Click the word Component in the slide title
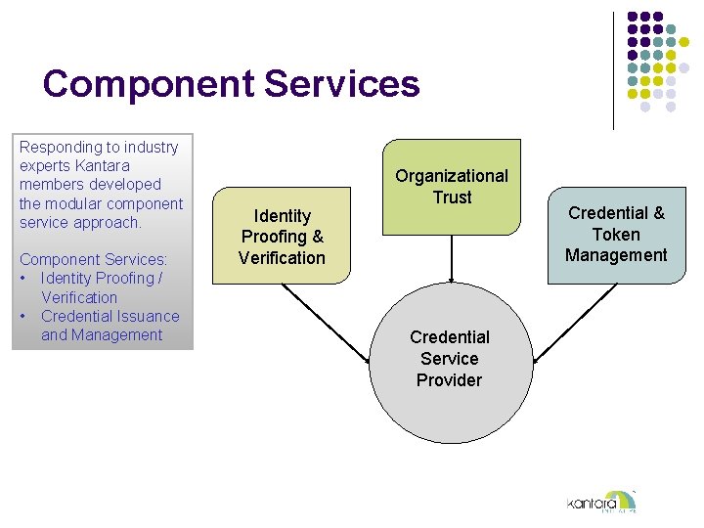[x=148, y=85]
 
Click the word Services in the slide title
[x=341, y=84]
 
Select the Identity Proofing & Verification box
[x=282, y=236]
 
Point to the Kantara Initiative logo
[x=600, y=502]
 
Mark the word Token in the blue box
[x=616, y=234]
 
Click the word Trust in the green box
[x=452, y=197]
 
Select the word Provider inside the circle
[x=449, y=379]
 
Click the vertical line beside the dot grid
[x=613, y=68]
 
